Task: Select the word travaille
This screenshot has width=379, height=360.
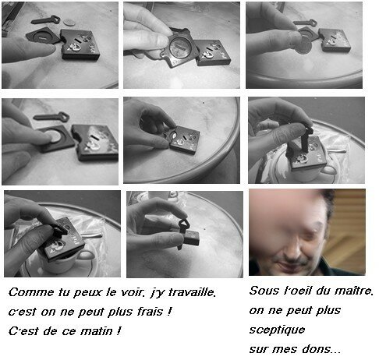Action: tap(193, 292)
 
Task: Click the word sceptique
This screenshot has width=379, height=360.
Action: tap(277, 330)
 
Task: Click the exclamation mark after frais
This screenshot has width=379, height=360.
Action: tap(169, 311)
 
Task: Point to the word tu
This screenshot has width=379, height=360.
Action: tap(63, 292)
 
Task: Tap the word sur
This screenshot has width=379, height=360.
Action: tap(260, 350)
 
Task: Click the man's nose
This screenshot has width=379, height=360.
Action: tap(292, 249)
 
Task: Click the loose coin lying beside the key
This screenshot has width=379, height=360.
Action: tap(69, 23)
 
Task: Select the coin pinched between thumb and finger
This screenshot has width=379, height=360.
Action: tap(303, 46)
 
